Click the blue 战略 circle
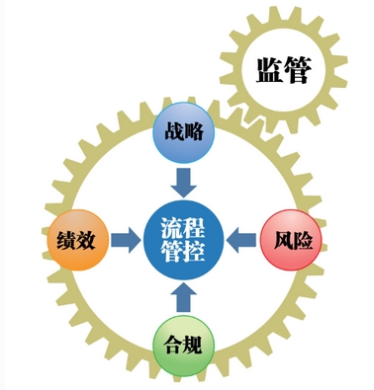183,132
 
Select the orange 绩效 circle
78,240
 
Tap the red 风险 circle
291,240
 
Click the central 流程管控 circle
184,240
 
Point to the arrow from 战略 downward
184,183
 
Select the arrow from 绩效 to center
126,240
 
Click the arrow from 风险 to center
241,240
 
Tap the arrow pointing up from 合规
184,297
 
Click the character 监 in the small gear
269,70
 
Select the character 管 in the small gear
298,70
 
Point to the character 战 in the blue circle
174,132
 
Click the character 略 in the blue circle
194,132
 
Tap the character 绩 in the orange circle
66,240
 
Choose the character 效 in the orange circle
86,240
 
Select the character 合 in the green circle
173,345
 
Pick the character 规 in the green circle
193,345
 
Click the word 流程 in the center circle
183,228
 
